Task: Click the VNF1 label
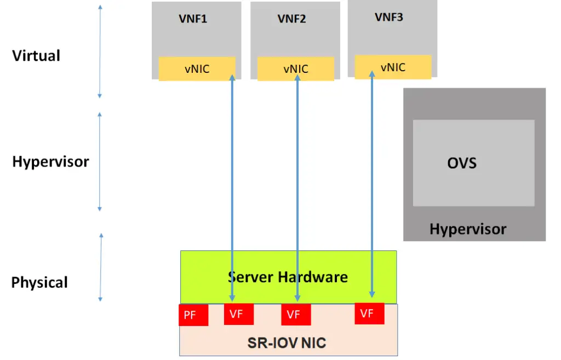(193, 19)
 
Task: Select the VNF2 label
(291, 19)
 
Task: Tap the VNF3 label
(389, 17)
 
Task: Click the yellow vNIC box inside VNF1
(197, 69)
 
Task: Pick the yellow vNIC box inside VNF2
(295, 69)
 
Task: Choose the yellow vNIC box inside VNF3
(393, 67)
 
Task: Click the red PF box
(193, 315)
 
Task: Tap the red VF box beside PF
(239, 314)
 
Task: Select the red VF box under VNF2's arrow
(296, 315)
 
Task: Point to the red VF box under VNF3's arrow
(369, 313)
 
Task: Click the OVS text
(462, 163)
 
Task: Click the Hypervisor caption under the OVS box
(468, 229)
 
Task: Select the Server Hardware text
(288, 277)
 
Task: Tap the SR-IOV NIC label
(287, 344)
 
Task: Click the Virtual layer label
(36, 55)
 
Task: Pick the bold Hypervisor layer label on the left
(50, 162)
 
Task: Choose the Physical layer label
(39, 283)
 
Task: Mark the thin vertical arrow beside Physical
(101, 267)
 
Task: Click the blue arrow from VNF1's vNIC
(232, 186)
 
